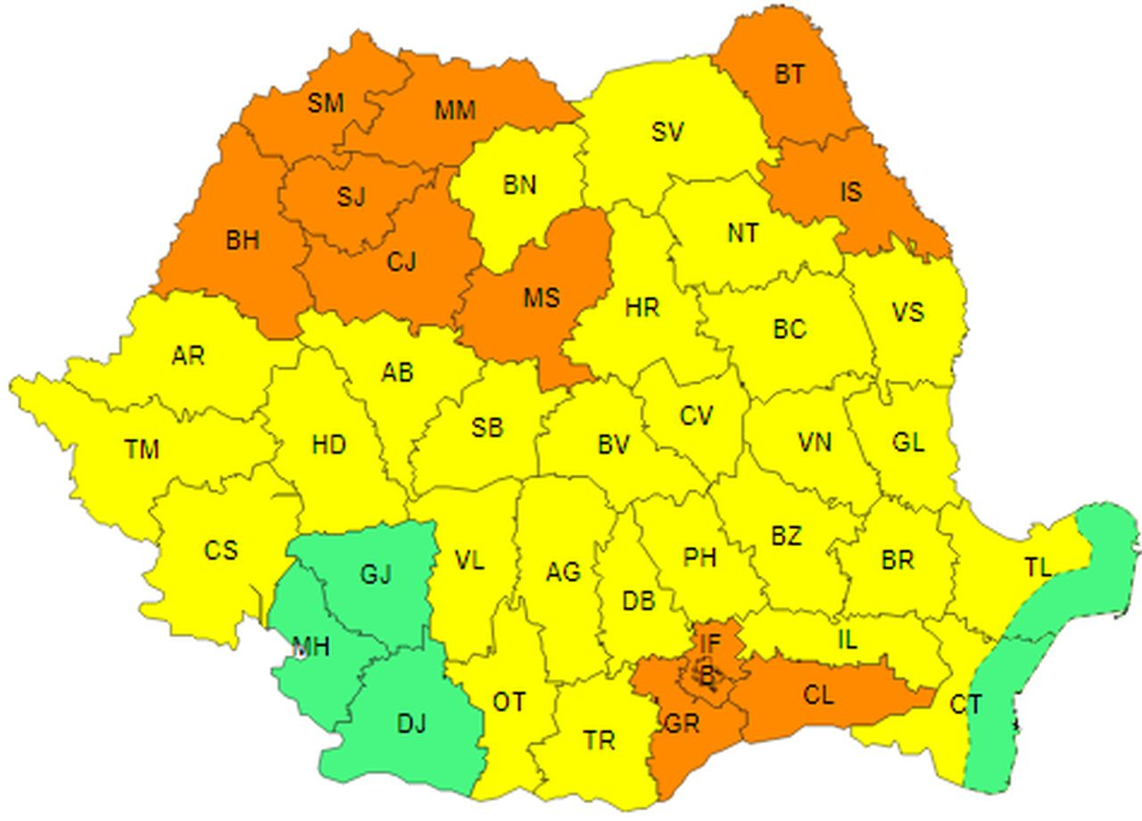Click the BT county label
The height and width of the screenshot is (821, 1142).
click(x=789, y=74)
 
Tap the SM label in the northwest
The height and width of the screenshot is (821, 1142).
click(x=326, y=104)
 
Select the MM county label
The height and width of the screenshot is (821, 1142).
click(x=455, y=111)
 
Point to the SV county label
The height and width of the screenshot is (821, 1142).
click(x=667, y=132)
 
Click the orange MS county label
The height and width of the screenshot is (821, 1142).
click(x=541, y=296)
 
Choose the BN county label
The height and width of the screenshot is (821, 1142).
click(x=520, y=185)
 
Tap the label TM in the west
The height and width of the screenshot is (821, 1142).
click(x=142, y=450)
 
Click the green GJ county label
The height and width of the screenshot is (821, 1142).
click(x=376, y=575)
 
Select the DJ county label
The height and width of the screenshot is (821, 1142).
click(x=411, y=724)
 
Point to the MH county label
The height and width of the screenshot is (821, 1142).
click(x=310, y=646)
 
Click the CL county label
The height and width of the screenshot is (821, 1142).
click(x=818, y=694)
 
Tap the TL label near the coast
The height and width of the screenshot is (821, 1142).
click(x=1038, y=567)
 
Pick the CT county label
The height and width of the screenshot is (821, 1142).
click(x=965, y=705)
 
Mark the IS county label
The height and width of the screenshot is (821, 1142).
click(x=851, y=191)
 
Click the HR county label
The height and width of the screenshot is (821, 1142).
click(x=642, y=309)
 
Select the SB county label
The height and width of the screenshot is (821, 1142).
click(x=487, y=428)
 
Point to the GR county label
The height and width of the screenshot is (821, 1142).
click(x=683, y=724)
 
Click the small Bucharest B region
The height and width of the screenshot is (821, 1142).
click(x=706, y=677)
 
